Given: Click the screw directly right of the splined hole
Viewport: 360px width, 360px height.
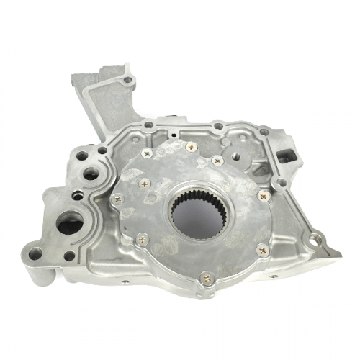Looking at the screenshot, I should click(263, 195).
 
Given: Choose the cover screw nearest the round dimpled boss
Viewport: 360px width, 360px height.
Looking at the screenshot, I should click(217, 160).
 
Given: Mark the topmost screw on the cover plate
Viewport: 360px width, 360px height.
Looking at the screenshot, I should click(191, 147).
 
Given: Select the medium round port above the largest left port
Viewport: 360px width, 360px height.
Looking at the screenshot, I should click(91, 174).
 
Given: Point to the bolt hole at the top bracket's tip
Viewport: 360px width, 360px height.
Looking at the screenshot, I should click(127, 80).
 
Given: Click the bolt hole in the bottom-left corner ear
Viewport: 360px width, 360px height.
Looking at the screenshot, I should click(35, 253).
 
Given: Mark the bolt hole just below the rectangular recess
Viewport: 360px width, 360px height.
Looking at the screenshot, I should click(281, 183).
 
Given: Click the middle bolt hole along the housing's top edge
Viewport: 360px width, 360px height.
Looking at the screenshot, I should click(218, 126).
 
